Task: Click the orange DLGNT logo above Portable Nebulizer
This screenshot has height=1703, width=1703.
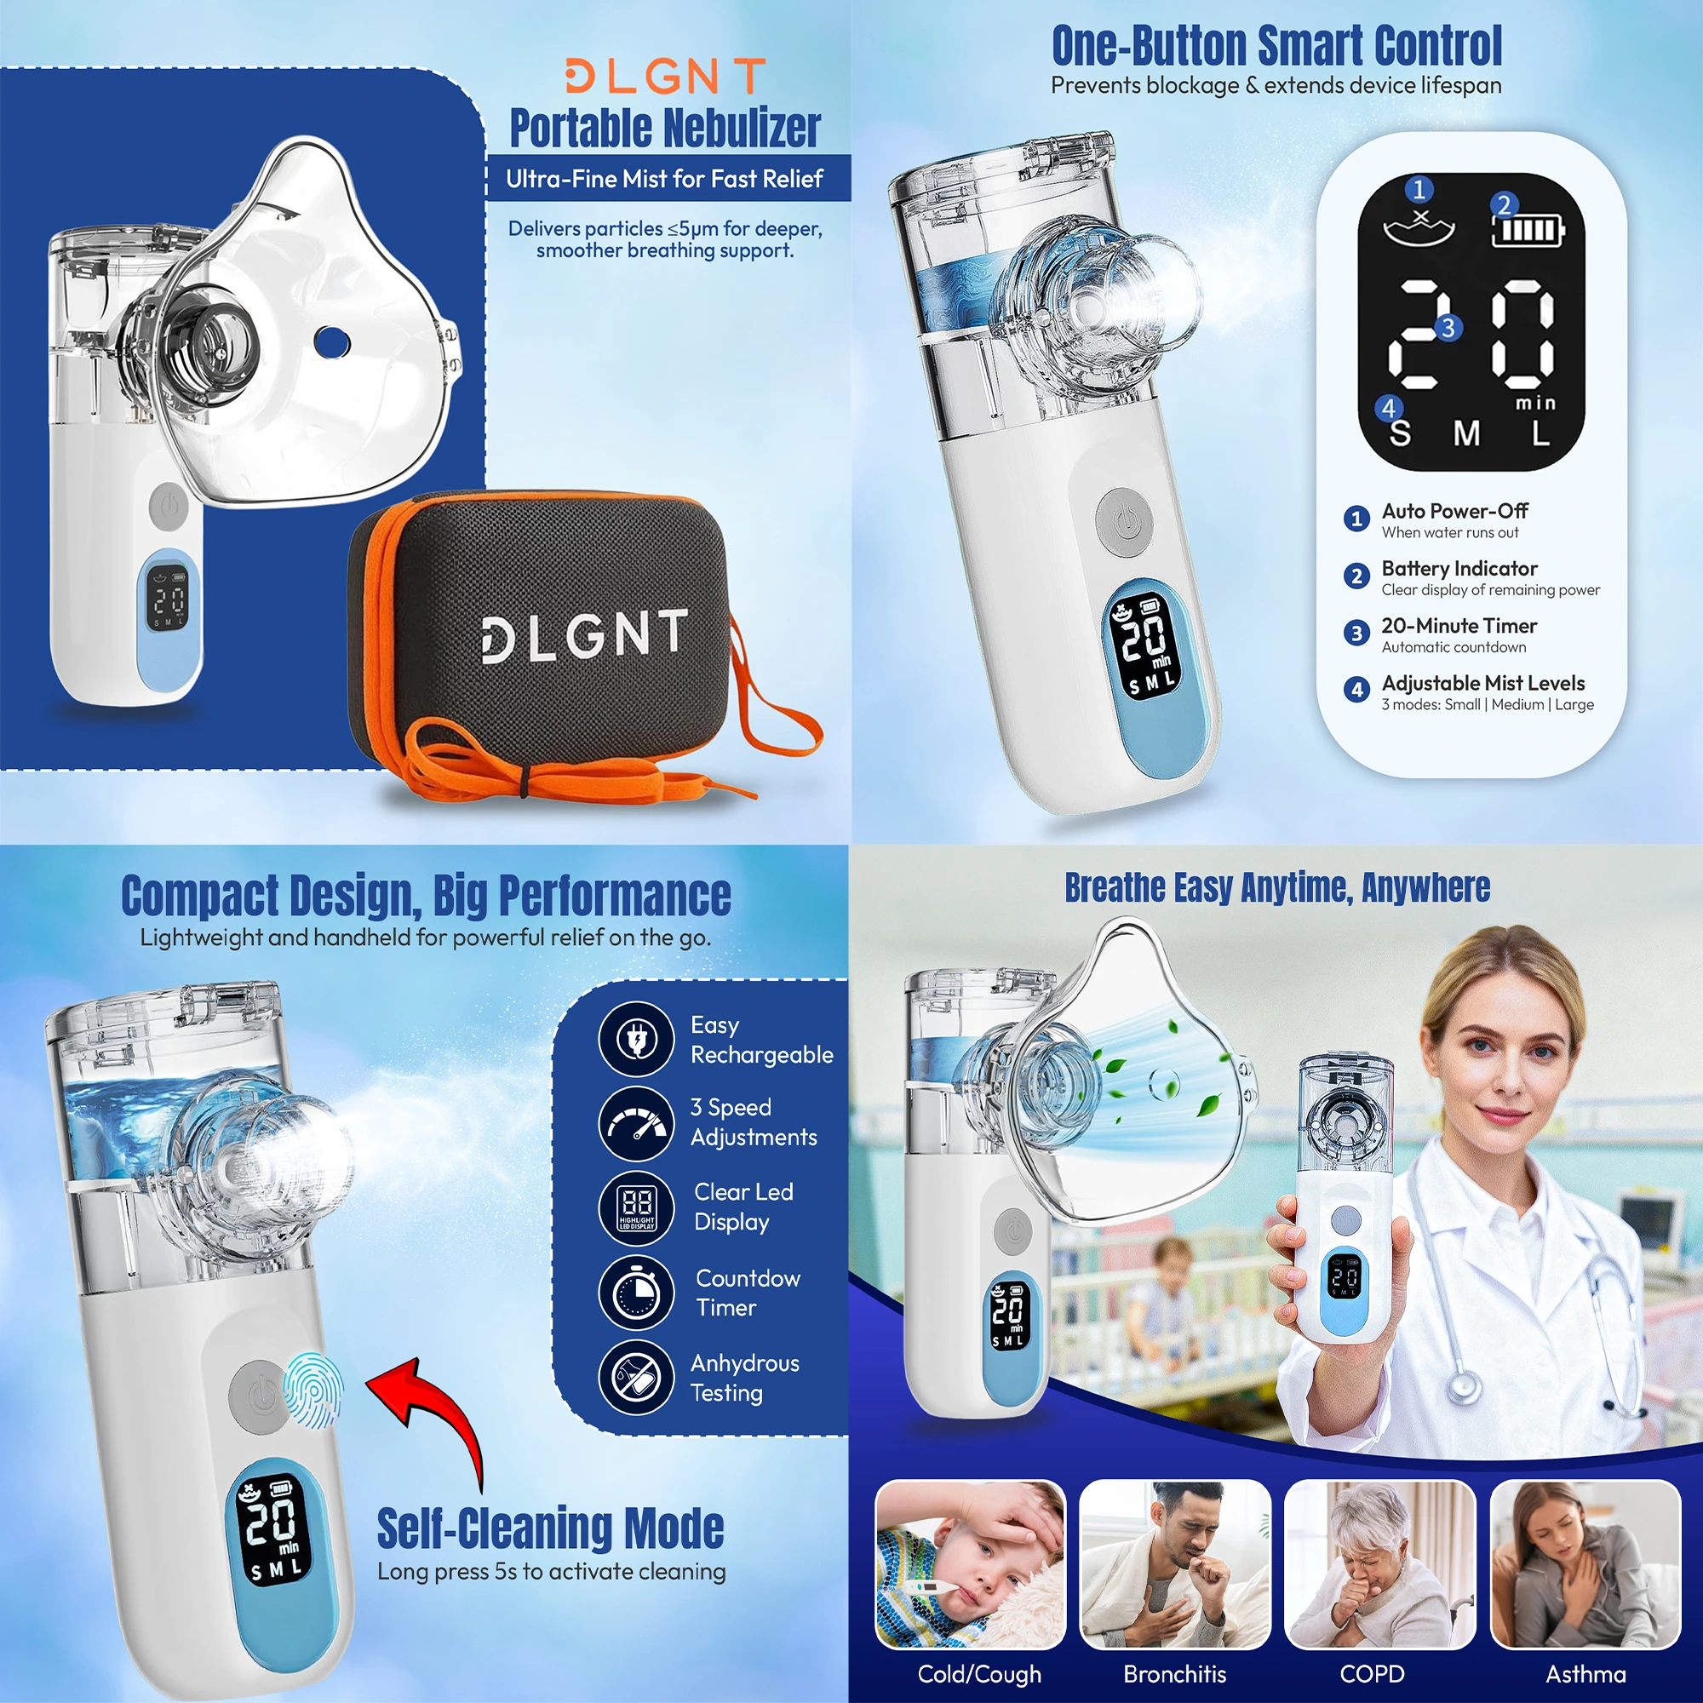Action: click(666, 77)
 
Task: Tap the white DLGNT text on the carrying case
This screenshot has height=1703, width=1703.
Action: click(584, 634)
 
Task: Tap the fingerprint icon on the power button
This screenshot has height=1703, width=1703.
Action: click(313, 1390)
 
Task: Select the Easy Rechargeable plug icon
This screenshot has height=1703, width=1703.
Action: click(636, 1039)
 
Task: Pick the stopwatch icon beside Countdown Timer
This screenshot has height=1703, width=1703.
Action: click(636, 1293)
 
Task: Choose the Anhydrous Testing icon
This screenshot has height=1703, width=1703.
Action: click(636, 1377)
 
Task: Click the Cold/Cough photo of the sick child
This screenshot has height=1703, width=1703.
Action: click(971, 1563)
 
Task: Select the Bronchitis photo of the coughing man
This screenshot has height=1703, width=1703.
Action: click(1175, 1563)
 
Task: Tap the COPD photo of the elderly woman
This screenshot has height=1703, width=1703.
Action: click(1380, 1563)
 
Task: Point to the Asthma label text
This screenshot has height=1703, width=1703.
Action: click(1585, 1674)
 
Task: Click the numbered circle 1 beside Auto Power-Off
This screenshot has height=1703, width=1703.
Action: click(1356, 519)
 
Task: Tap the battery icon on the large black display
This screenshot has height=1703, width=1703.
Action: click(1528, 231)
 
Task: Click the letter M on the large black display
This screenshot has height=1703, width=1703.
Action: click(1467, 433)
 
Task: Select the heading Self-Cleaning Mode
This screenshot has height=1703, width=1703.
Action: click(551, 1528)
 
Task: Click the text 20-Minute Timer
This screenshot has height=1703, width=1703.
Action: click(1459, 626)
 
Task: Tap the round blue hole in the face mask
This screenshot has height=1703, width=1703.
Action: click(332, 341)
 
